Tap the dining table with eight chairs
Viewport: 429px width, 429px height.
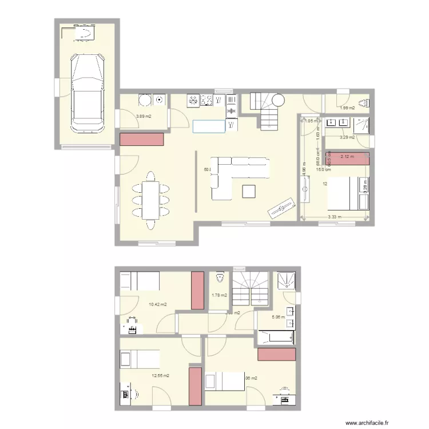(x=152, y=200)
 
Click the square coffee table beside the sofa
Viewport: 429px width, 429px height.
(x=249, y=191)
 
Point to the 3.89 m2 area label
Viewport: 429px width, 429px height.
(x=143, y=117)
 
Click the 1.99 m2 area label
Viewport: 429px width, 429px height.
(x=347, y=108)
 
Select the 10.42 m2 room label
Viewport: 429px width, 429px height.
(x=157, y=304)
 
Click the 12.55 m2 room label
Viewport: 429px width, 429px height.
(x=160, y=376)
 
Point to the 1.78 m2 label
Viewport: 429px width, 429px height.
(x=219, y=295)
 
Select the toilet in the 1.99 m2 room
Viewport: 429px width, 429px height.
(x=368, y=104)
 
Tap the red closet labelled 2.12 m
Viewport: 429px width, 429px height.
(x=347, y=158)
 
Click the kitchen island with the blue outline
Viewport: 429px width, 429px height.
(x=208, y=126)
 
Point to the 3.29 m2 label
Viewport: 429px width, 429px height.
(x=347, y=137)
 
